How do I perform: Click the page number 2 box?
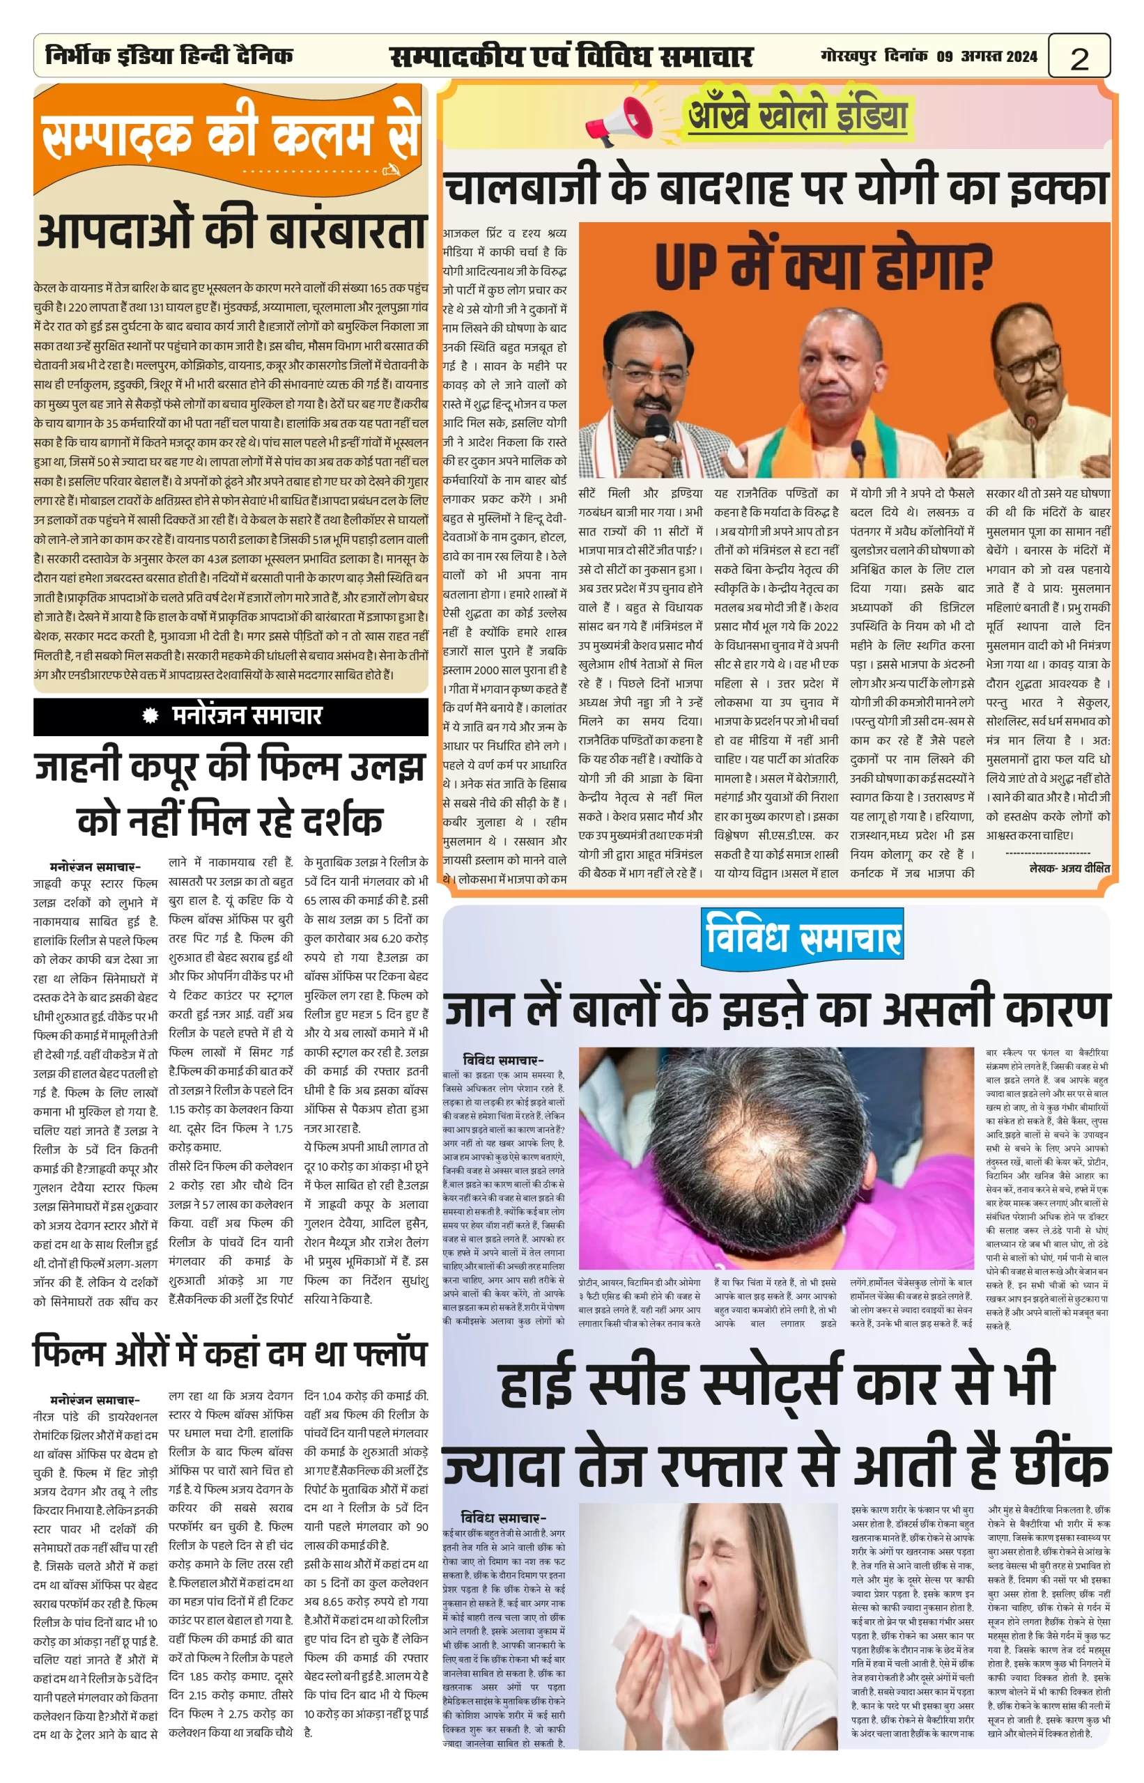(x=1079, y=56)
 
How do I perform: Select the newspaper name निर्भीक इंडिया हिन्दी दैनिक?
(x=169, y=56)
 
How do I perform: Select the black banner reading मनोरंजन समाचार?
(x=231, y=716)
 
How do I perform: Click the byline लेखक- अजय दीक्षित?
(x=1069, y=867)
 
